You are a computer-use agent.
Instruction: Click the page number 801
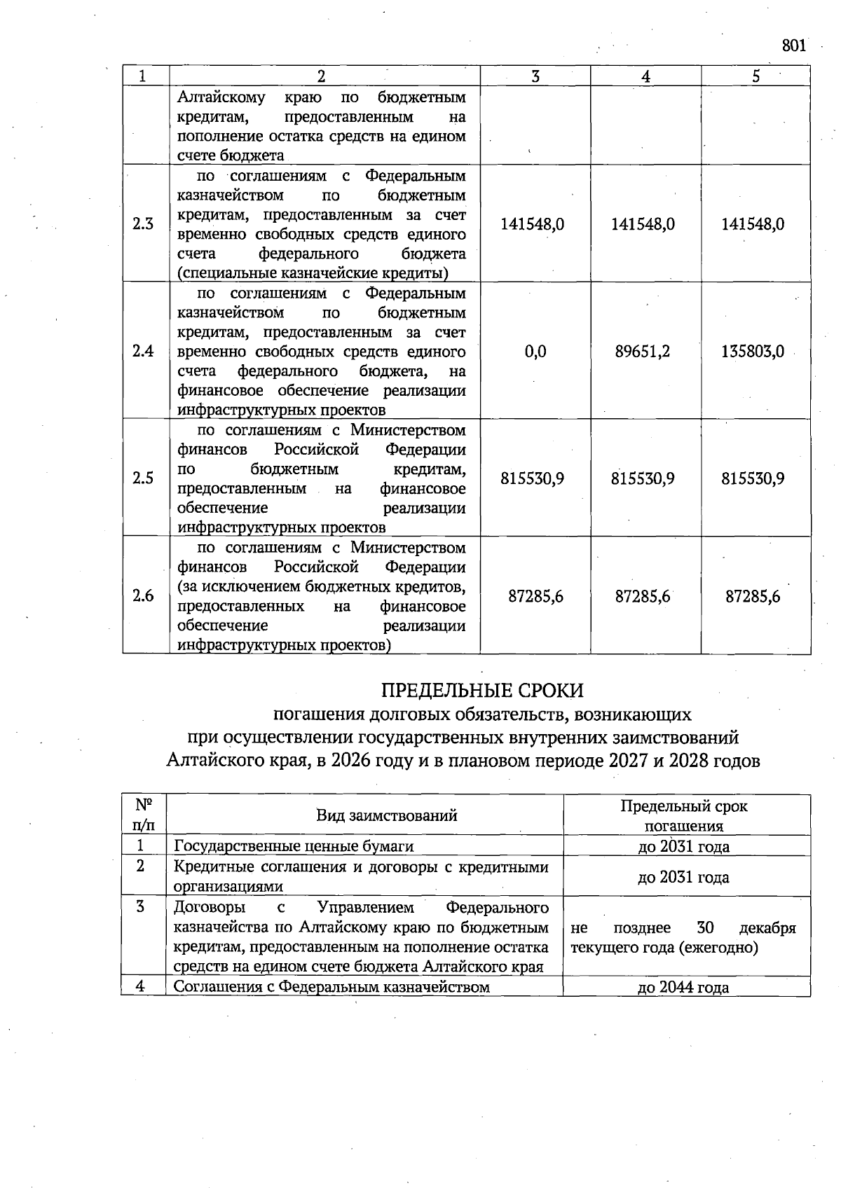[793, 46]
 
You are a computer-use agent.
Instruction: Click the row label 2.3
[143, 224]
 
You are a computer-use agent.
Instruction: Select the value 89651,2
[643, 351]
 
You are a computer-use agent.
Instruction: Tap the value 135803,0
[753, 351]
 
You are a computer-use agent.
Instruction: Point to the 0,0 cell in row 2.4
[535, 351]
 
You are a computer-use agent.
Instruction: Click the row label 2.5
[143, 478]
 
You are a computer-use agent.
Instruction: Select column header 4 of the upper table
[645, 76]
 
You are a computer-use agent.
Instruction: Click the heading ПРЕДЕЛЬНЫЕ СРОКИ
[482, 691]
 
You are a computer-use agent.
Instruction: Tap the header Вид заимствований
[387, 815]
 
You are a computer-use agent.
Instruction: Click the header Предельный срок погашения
[684, 815]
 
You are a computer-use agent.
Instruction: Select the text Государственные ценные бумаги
[294, 846]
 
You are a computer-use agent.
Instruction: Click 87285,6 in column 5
[753, 597]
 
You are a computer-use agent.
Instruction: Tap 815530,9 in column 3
[533, 478]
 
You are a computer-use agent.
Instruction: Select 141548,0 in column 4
[643, 224]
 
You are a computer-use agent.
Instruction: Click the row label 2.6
[143, 597]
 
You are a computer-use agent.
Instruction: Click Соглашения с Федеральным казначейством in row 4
[331, 988]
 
